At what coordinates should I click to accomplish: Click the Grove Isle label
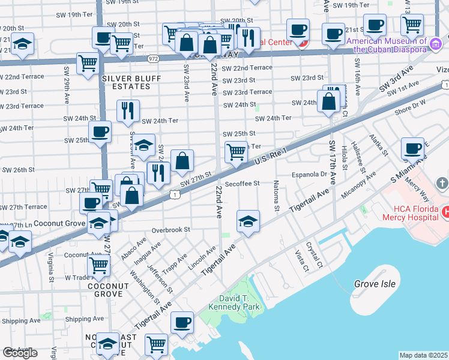point(374,284)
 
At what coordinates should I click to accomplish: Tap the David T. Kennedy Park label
point(234,302)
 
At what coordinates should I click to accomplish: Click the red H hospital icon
point(445,212)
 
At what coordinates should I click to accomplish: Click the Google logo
point(20,353)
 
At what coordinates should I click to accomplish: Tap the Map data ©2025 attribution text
point(423,355)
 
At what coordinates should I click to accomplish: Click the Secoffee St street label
point(242,184)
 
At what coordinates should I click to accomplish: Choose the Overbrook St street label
point(170,229)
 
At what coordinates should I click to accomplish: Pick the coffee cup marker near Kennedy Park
point(182,322)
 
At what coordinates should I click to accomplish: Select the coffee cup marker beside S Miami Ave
point(412,148)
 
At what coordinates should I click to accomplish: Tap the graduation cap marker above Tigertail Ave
point(248,221)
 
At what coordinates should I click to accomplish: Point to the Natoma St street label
point(277,196)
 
